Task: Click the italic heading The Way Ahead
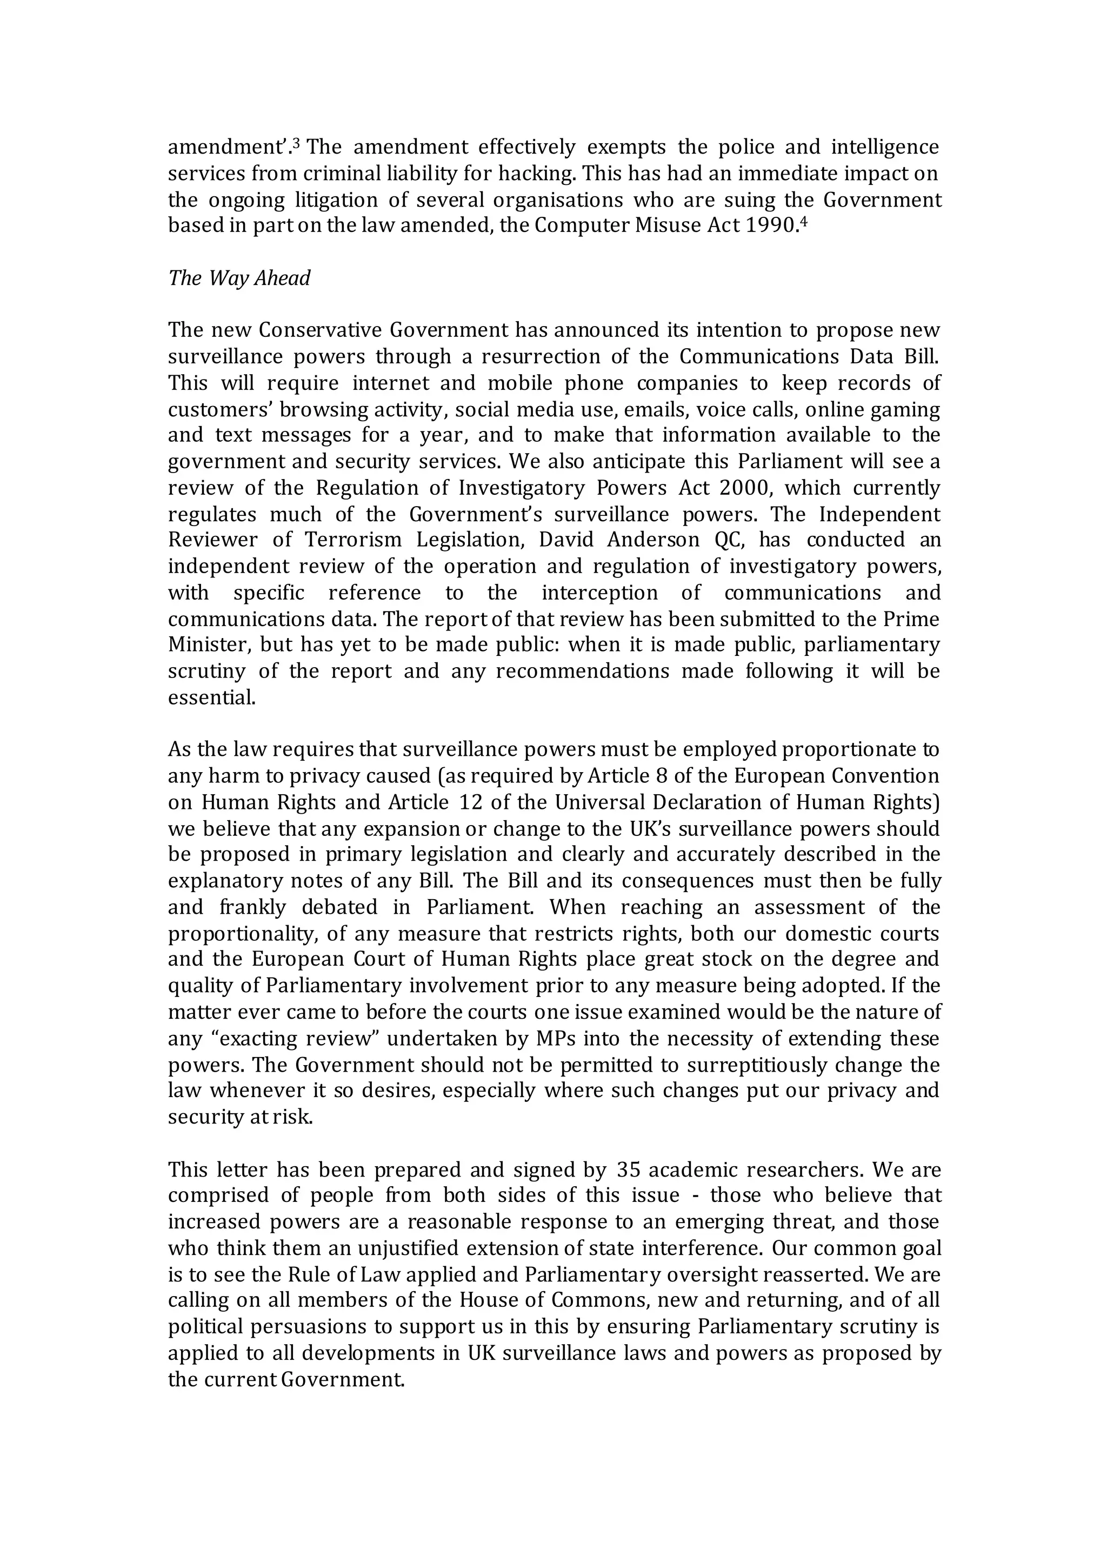[239, 278]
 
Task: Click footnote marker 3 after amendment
[296, 143]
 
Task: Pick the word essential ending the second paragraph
[212, 698]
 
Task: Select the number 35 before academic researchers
[628, 1171]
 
